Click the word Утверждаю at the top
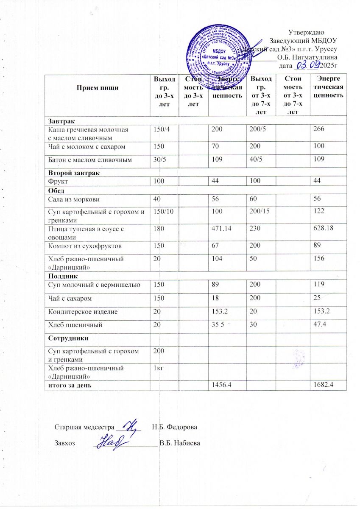point(307,32)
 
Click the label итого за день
point(69,385)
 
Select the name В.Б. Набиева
point(179,444)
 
